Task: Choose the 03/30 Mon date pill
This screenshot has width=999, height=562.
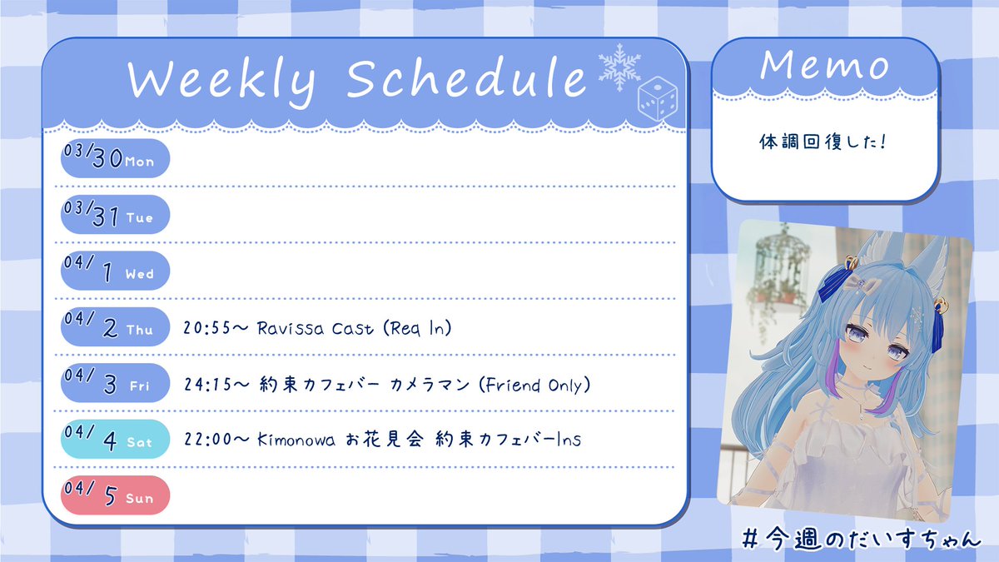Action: click(x=115, y=158)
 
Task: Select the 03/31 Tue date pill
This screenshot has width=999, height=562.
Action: click(x=115, y=214)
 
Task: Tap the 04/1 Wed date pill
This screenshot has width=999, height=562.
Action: click(x=115, y=271)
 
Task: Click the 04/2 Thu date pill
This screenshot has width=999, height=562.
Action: click(x=115, y=326)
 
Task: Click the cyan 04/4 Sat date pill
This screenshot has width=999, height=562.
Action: click(x=115, y=439)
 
